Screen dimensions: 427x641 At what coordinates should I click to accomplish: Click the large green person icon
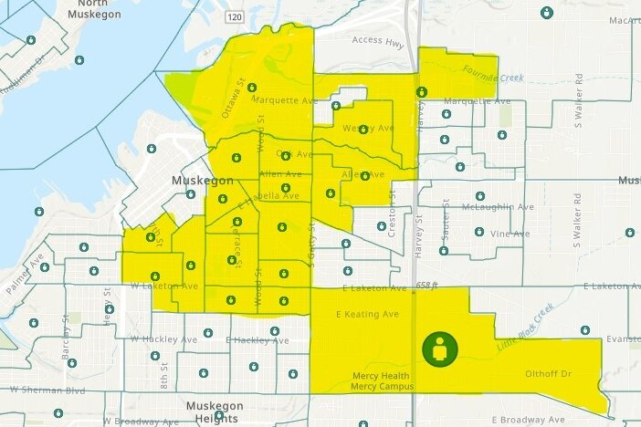click(440, 349)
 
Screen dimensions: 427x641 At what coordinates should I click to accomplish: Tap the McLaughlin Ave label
click(498, 207)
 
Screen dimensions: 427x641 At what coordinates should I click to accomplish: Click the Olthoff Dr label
click(549, 374)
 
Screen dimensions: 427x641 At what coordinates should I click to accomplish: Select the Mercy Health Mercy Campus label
click(383, 381)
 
